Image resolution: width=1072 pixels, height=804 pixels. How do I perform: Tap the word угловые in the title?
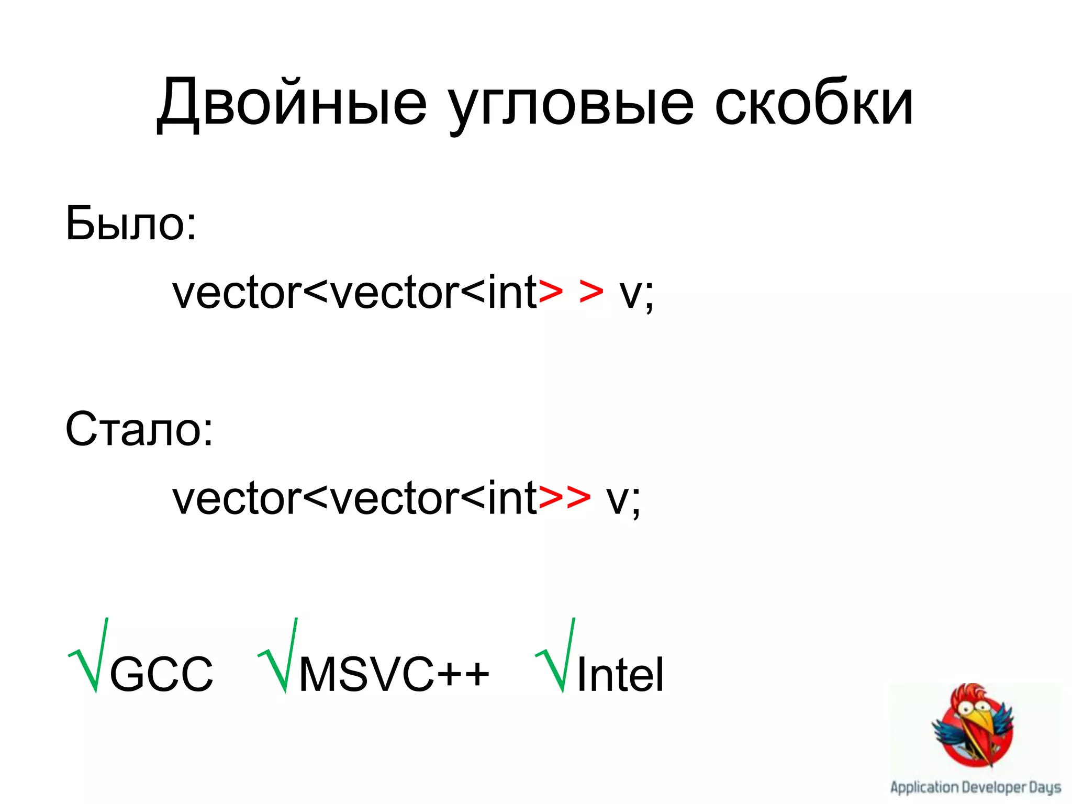[x=571, y=103]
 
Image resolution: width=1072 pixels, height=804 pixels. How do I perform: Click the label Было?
[x=131, y=224]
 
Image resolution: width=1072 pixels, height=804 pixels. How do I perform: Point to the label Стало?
[x=139, y=429]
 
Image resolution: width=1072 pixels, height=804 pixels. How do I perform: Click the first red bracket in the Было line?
[x=551, y=293]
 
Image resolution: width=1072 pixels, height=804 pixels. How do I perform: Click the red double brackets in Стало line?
[x=564, y=498]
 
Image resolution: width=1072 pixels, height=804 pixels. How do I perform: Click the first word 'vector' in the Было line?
[x=237, y=293]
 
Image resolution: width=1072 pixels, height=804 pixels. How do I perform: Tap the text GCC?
[x=161, y=674]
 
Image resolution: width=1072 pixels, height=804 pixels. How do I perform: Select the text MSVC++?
[x=394, y=674]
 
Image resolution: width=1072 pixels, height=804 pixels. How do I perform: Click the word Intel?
[x=620, y=674]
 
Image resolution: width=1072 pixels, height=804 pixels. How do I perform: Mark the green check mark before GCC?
[x=89, y=657]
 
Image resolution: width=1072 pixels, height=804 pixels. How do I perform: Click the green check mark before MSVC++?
[x=278, y=657]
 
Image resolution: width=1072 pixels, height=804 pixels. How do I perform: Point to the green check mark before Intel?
[x=556, y=657]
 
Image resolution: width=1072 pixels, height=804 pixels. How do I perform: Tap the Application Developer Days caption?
[x=976, y=787]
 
